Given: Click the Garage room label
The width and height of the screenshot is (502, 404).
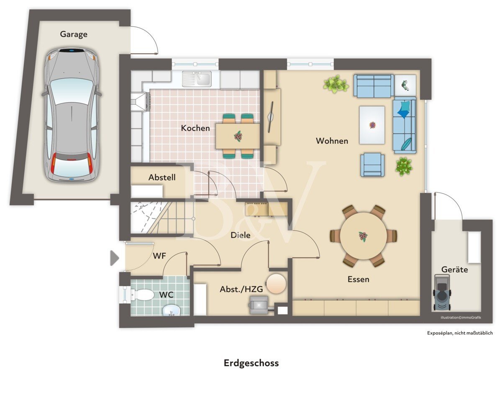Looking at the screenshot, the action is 74,34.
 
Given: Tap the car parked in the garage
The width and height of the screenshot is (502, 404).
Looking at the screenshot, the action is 72,116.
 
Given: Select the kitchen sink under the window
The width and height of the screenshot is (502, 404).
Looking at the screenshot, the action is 197,79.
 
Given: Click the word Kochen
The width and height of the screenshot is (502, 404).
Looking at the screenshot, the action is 195,128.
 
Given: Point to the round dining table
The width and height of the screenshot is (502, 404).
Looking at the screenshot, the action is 363,236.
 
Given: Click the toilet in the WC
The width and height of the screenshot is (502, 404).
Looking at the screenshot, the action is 141,295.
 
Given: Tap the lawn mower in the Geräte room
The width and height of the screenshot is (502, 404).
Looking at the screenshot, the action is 442,293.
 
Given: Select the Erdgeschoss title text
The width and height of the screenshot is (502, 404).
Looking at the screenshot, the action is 251,363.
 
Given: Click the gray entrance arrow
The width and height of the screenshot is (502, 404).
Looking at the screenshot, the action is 114,258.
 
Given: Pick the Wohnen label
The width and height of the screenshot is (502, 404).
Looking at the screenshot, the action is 332,141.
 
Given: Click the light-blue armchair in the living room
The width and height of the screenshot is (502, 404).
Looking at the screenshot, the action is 372,165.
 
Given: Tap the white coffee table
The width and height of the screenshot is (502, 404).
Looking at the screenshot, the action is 372,125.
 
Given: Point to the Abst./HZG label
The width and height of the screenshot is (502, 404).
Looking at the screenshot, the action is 241,289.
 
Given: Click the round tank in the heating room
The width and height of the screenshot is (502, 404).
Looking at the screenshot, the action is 276,283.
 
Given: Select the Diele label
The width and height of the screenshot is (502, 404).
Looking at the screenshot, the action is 240,235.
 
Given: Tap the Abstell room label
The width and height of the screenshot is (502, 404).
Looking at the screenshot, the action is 162,177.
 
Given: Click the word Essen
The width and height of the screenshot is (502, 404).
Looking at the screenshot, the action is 359,279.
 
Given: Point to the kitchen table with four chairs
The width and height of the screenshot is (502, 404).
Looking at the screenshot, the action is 238,136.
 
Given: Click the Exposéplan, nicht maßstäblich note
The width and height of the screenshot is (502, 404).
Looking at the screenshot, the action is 460,333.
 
